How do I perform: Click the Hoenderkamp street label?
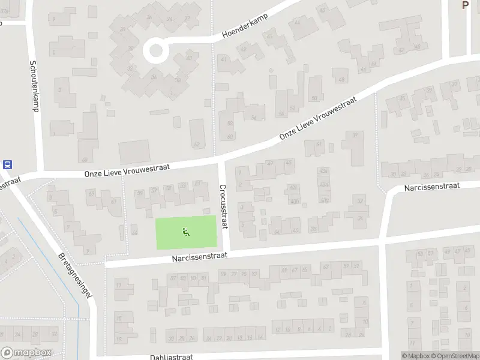(244, 26)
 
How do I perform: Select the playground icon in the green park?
(186, 232)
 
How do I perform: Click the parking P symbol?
(464, 5)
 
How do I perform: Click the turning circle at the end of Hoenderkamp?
(156, 49)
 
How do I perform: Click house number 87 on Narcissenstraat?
(173, 277)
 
